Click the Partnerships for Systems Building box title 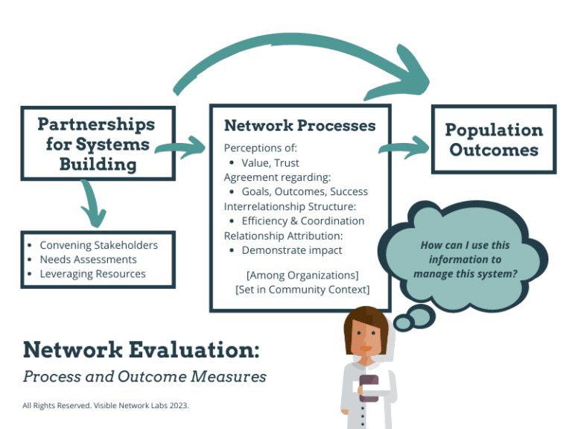97,144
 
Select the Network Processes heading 299,125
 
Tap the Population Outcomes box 493,139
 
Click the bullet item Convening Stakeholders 98,245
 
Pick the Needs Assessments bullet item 88,259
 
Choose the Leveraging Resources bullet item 92,273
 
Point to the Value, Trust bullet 270,162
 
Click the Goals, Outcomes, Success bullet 304,191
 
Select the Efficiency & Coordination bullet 302,220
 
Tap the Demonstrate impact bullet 291,250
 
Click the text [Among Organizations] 302,275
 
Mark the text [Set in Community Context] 302,289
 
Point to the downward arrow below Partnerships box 94,204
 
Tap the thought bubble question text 464,259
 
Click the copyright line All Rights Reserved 106,406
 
